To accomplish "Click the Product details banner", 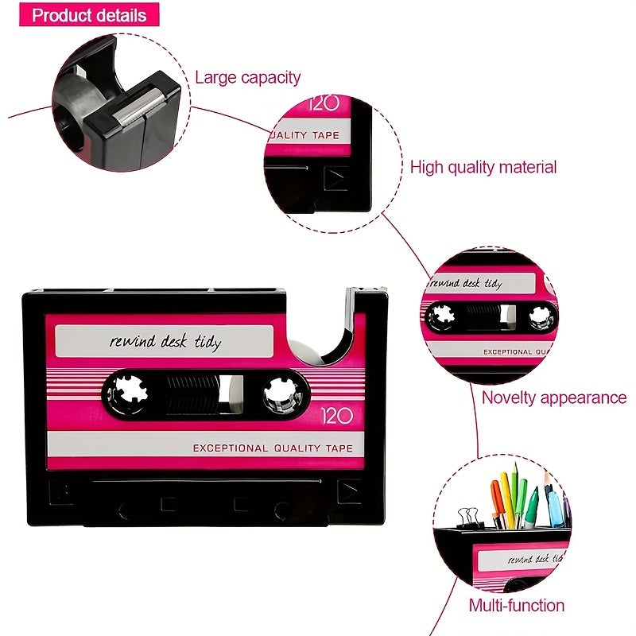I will point(89,14).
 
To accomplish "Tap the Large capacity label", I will point(248,77).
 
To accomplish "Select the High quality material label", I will point(483,167).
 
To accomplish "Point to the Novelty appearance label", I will point(554,397).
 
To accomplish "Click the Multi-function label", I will point(516,605).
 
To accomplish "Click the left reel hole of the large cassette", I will point(127,390).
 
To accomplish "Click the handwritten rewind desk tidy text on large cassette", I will point(165,343).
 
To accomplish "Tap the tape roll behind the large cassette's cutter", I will point(306,350).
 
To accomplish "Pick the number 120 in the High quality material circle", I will point(325,103).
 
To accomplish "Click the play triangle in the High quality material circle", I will point(336,178).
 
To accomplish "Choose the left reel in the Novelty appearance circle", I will point(440,317).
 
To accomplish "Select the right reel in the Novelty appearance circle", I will point(540,317).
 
